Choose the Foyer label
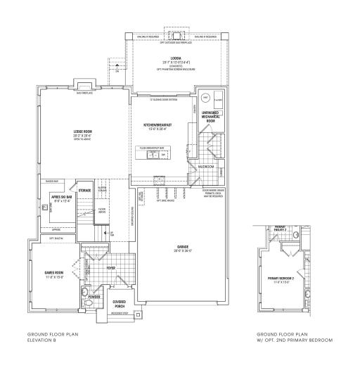(x=110, y=267)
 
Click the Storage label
(x=85, y=190)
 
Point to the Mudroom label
(x=205, y=167)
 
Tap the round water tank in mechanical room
(x=206, y=97)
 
